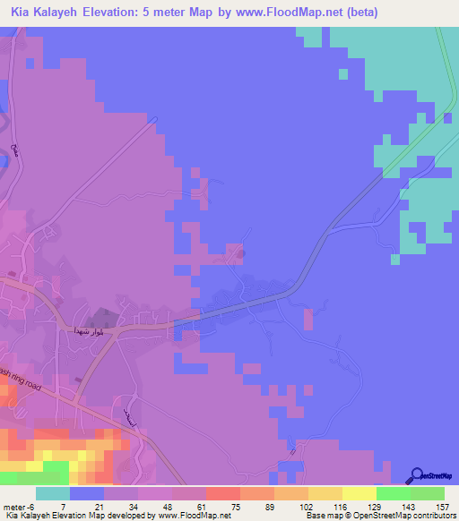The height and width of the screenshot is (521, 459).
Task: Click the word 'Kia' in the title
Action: [x=22, y=13]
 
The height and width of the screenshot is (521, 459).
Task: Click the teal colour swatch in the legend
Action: [x=53, y=493]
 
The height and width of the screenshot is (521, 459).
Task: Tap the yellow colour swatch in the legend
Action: [x=359, y=493]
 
